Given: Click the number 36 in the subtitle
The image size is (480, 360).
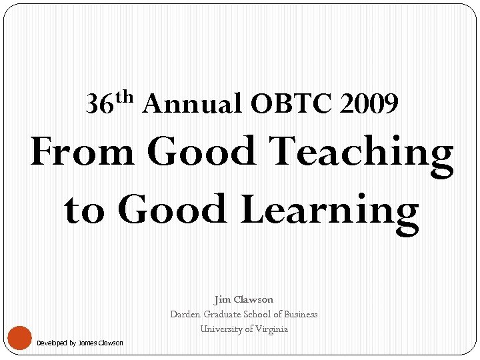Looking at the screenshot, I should [x=99, y=104].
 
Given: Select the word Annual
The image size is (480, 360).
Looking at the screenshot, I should [x=192, y=104].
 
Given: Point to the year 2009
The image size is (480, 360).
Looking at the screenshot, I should [x=369, y=104].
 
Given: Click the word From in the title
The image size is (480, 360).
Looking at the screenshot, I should [x=83, y=152].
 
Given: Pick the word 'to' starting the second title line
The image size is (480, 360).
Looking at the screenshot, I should [x=85, y=209].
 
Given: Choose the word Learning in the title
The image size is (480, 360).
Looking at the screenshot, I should [x=329, y=211].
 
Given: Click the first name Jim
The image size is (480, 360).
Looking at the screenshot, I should [x=223, y=300].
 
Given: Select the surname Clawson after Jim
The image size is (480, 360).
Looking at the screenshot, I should [x=254, y=300].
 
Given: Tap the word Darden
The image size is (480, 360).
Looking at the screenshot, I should [x=185, y=314].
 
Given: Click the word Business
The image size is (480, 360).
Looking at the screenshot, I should [x=301, y=314].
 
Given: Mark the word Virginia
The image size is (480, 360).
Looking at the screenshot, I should [x=271, y=329].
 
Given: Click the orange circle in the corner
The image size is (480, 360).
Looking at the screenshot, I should [x=20, y=337].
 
